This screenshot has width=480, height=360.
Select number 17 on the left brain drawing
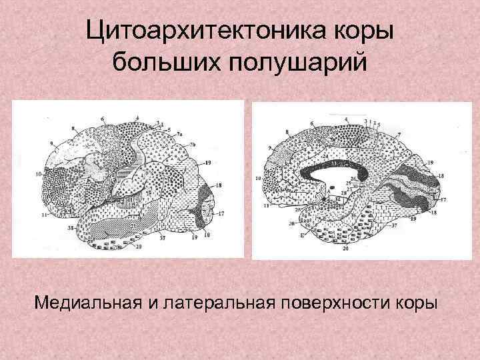pyautogui.click(x=221, y=213)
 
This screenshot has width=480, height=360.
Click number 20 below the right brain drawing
pyautogui.click(x=345, y=249)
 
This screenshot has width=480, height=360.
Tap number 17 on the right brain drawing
pyautogui.click(x=444, y=199)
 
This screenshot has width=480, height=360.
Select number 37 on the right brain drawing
pyautogui.click(x=394, y=226)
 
